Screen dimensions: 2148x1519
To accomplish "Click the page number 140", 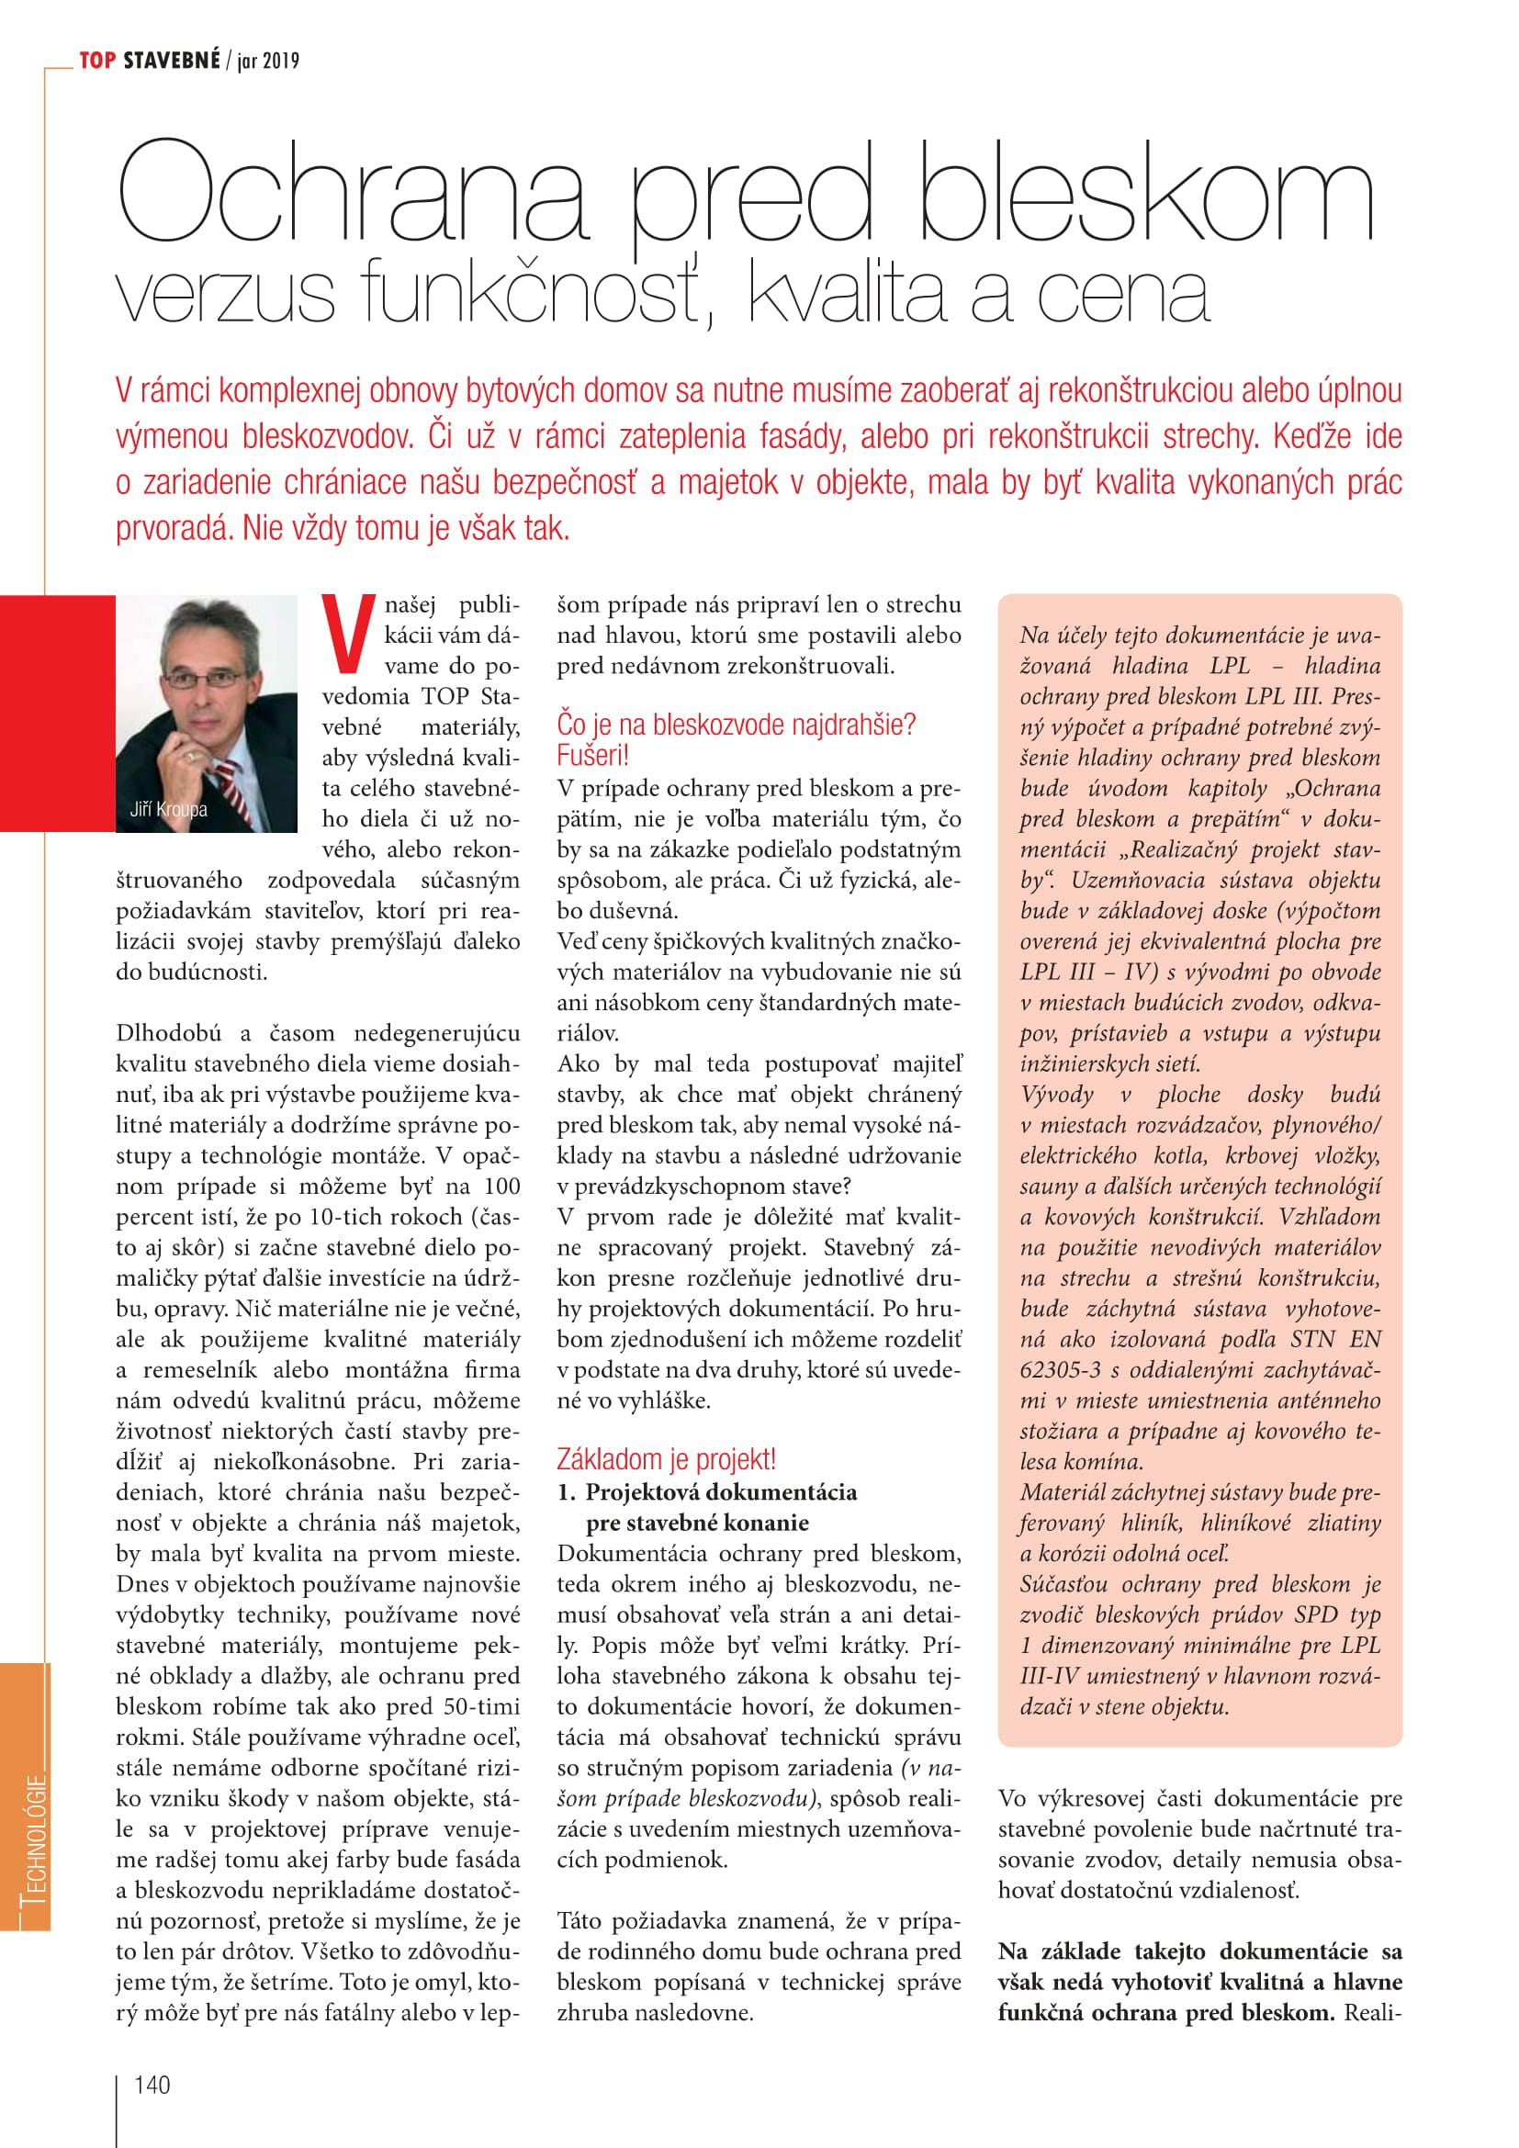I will [x=152, y=2085].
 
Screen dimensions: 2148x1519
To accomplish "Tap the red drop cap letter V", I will [x=348, y=633].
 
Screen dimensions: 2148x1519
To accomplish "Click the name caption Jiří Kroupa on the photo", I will [x=168, y=809].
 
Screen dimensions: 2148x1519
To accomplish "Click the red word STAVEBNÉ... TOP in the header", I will [x=97, y=61].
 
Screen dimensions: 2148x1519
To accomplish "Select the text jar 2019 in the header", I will [x=268, y=62].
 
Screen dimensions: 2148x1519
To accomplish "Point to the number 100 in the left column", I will [x=501, y=1186].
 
